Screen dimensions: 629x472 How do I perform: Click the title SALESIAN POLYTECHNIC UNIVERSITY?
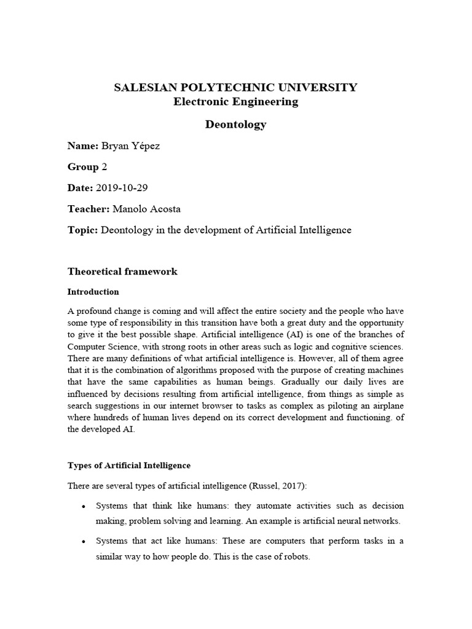(235, 87)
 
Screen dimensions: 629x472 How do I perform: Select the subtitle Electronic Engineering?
(235, 102)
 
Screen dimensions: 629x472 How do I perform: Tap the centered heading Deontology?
(235, 124)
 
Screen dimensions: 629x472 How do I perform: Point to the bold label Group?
(83, 167)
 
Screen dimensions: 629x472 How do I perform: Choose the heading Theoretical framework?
(122, 272)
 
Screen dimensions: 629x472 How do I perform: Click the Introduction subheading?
(93, 292)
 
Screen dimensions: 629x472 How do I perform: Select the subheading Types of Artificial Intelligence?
(129, 465)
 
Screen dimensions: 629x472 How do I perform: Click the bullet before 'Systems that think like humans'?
(83, 507)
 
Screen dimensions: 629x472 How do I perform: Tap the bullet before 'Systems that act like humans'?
(83, 542)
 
